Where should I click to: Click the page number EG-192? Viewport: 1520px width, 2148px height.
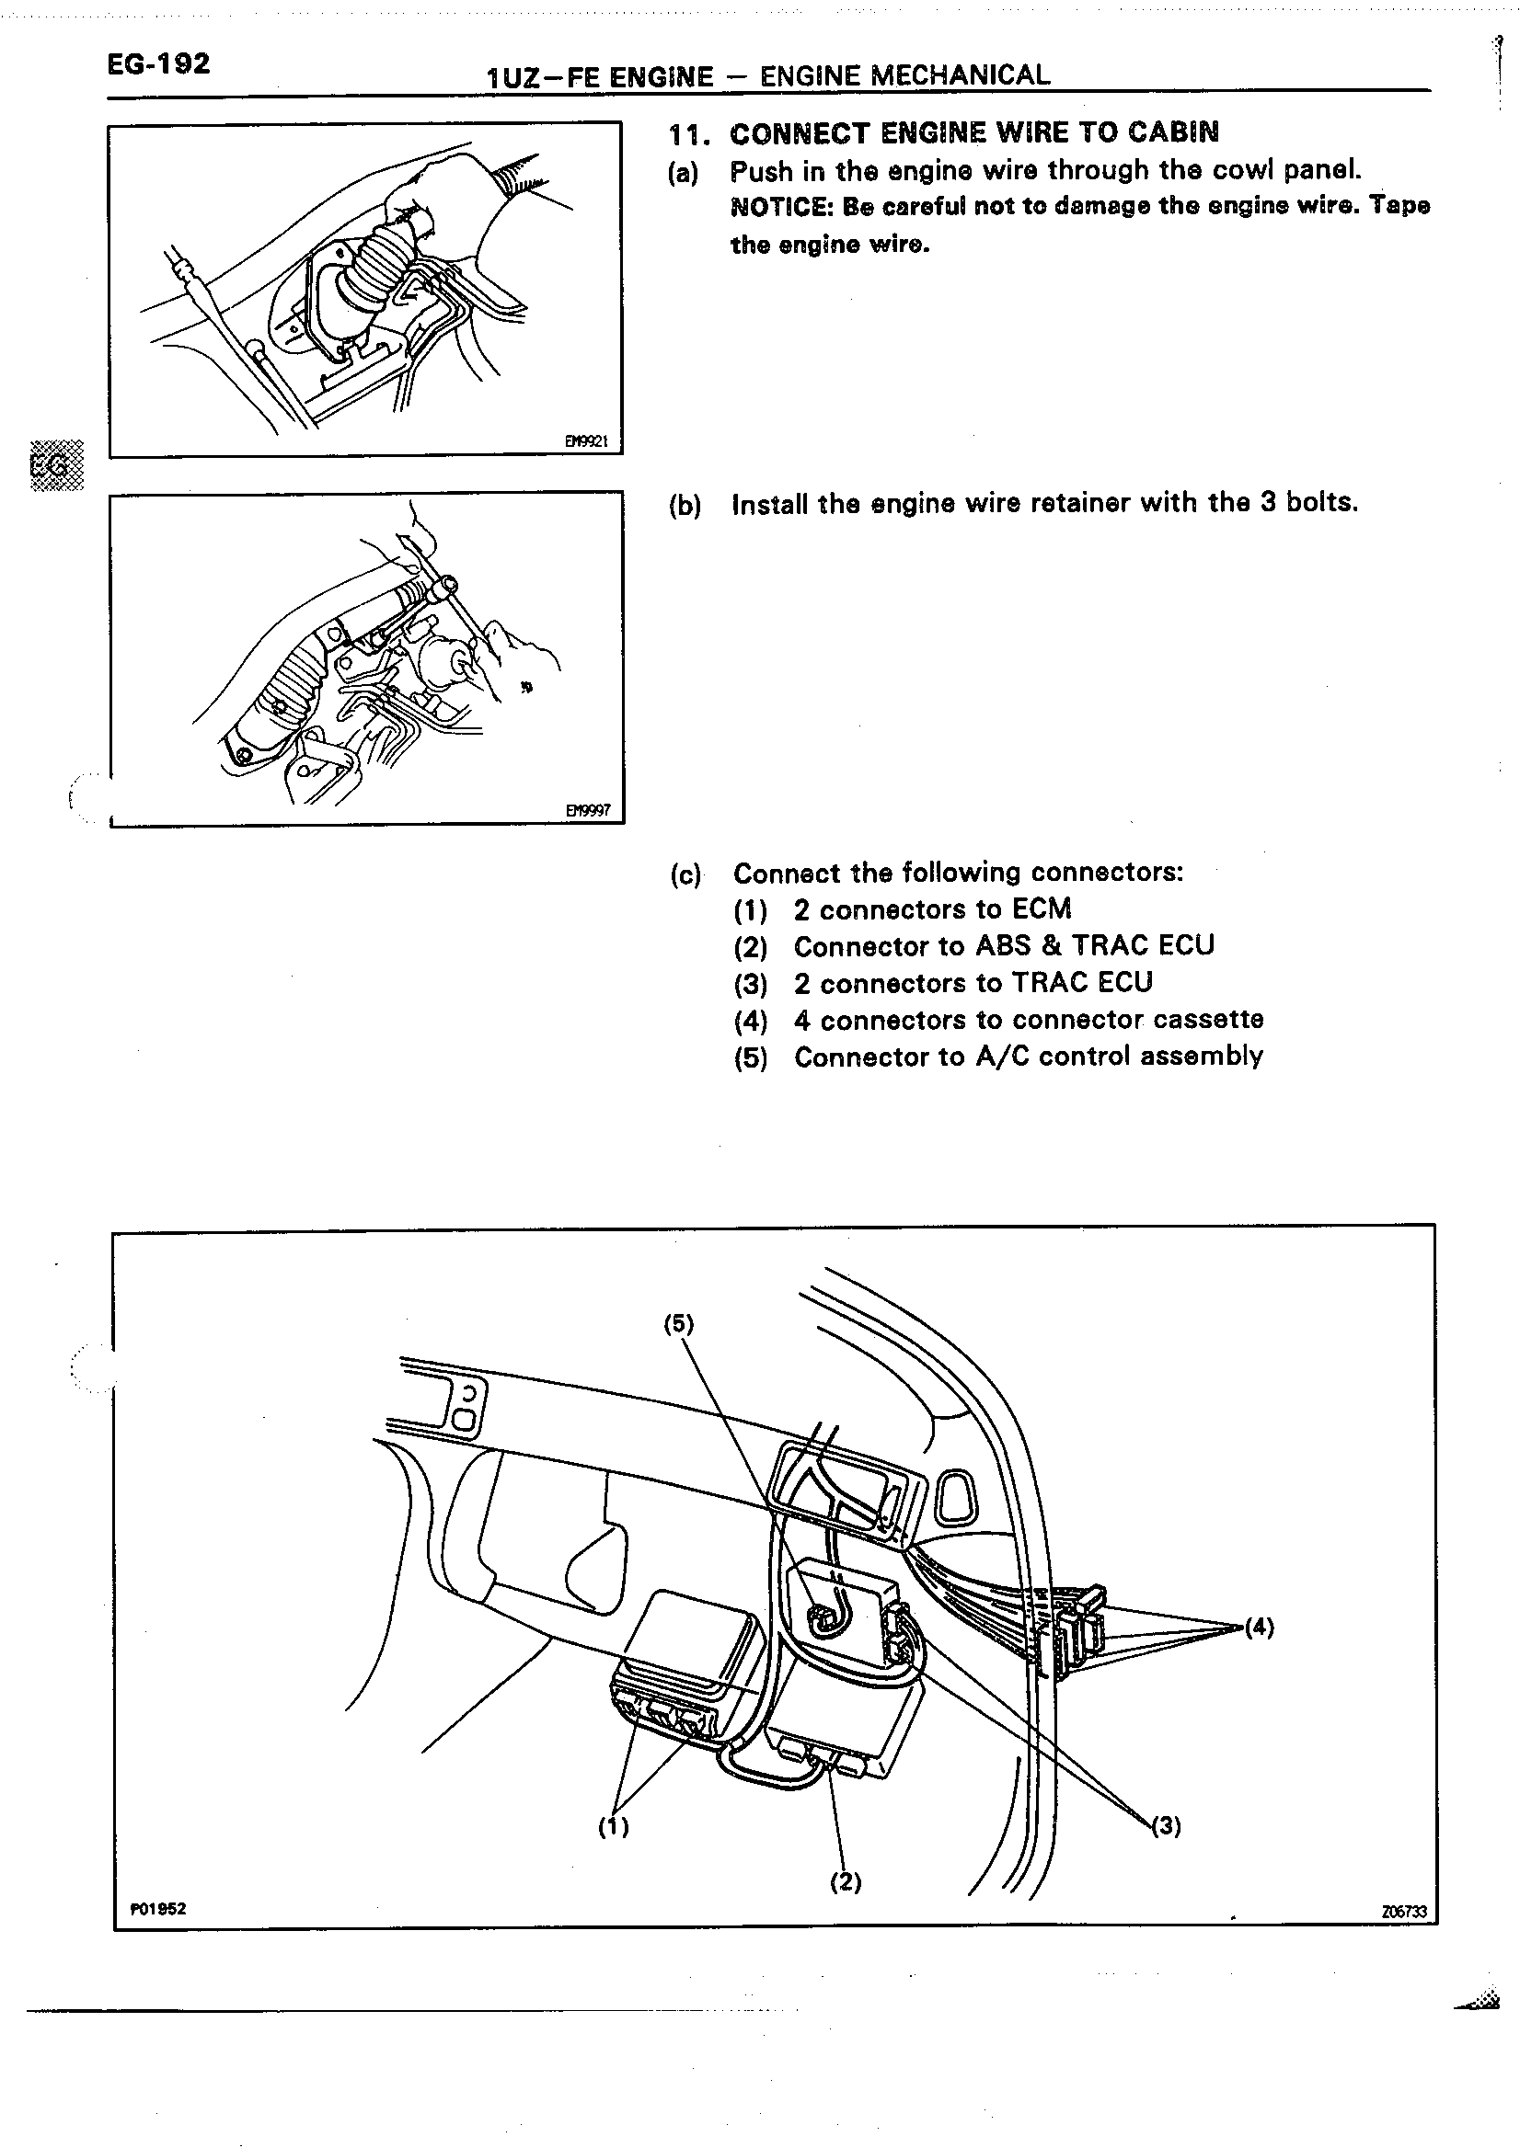click(158, 64)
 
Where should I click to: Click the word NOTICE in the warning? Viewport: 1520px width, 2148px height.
click(781, 207)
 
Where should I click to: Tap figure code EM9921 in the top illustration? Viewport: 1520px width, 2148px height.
click(587, 440)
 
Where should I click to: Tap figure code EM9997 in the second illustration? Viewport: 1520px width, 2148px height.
click(588, 810)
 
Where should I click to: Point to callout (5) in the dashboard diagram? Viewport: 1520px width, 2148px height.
click(679, 1324)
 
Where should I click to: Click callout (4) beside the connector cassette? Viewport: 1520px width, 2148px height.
click(1259, 1628)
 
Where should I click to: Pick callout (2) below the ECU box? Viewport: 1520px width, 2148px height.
click(846, 1881)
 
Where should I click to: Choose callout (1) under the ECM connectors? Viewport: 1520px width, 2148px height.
click(614, 1826)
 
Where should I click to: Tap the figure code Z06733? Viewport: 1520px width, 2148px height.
click(1404, 1913)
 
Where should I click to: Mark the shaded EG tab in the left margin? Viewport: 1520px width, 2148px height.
click(56, 465)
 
